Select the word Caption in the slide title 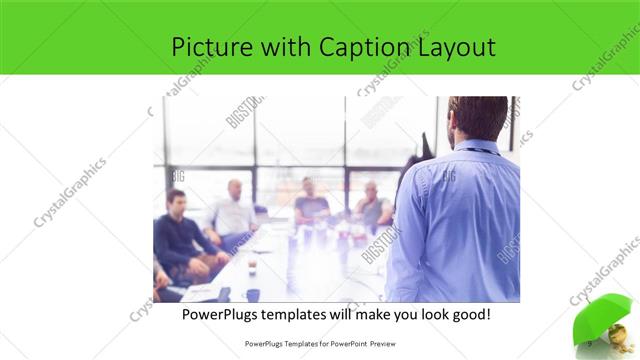[364, 47]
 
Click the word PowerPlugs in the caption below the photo [225, 314]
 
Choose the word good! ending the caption [470, 314]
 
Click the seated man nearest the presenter [372, 205]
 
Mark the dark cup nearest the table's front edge [254, 294]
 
